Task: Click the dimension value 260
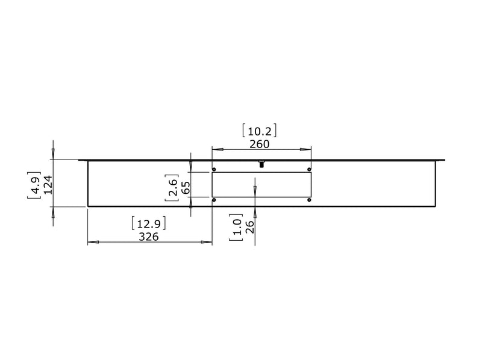click(x=259, y=144)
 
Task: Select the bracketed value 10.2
click(x=260, y=131)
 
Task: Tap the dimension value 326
click(x=148, y=237)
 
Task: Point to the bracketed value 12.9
click(x=148, y=223)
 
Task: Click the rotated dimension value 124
click(x=48, y=185)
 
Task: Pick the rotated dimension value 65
click(x=186, y=187)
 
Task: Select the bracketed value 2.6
click(x=172, y=187)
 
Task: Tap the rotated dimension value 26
click(x=250, y=227)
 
